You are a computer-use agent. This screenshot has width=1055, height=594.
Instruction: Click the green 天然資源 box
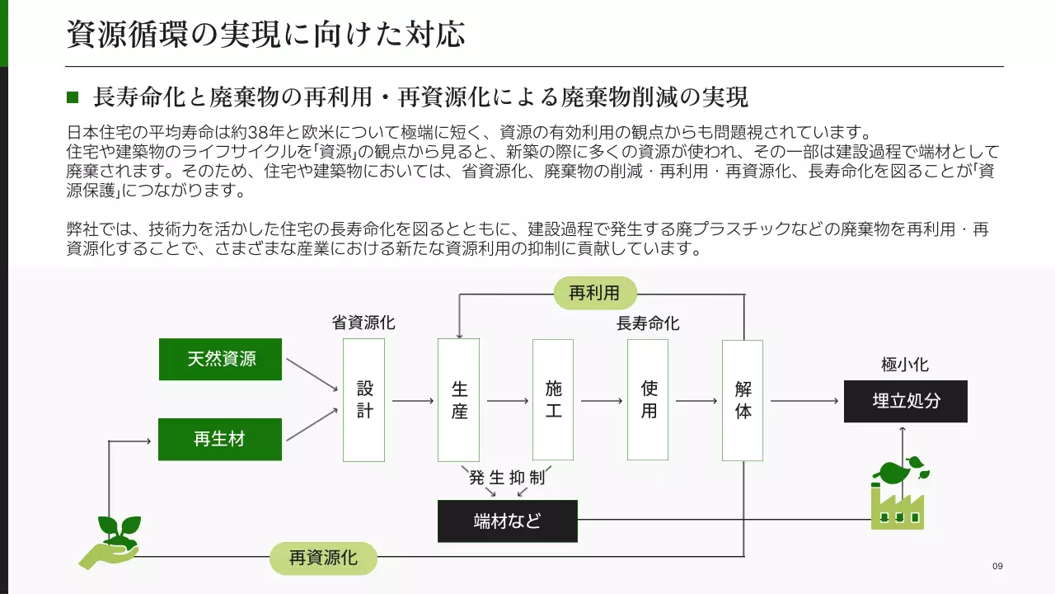pyautogui.click(x=220, y=359)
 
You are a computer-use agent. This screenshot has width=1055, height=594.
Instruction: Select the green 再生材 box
pyautogui.click(x=220, y=439)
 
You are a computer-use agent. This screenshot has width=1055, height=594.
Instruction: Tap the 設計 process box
pyautogui.click(x=363, y=400)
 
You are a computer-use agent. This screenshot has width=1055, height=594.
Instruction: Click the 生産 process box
pyautogui.click(x=458, y=400)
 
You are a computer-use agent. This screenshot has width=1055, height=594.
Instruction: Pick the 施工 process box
pyautogui.click(x=553, y=400)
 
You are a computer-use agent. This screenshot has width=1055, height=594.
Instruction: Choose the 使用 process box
pyautogui.click(x=648, y=400)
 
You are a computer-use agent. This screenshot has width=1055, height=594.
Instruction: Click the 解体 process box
pyautogui.click(x=743, y=400)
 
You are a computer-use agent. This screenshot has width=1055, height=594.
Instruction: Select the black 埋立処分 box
pyautogui.click(x=905, y=401)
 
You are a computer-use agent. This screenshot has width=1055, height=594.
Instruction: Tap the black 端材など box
pyautogui.click(x=507, y=521)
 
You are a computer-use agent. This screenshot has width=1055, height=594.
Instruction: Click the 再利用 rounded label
pyautogui.click(x=595, y=292)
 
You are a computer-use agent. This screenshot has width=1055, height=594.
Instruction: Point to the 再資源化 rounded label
pyautogui.click(x=323, y=559)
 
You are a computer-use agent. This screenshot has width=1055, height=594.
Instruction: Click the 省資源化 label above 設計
pyautogui.click(x=363, y=323)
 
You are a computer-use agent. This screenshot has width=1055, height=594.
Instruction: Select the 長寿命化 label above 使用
pyautogui.click(x=648, y=323)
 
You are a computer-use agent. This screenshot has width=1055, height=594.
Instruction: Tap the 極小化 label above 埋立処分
pyautogui.click(x=905, y=365)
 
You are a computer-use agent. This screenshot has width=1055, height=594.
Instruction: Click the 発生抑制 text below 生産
pyautogui.click(x=507, y=478)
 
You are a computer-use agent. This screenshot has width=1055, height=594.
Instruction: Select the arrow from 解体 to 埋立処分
pyautogui.click(x=804, y=401)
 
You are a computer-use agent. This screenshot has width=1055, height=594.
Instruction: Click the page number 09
pyautogui.click(x=997, y=566)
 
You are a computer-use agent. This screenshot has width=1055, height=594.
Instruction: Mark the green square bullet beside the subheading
pyautogui.click(x=73, y=98)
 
